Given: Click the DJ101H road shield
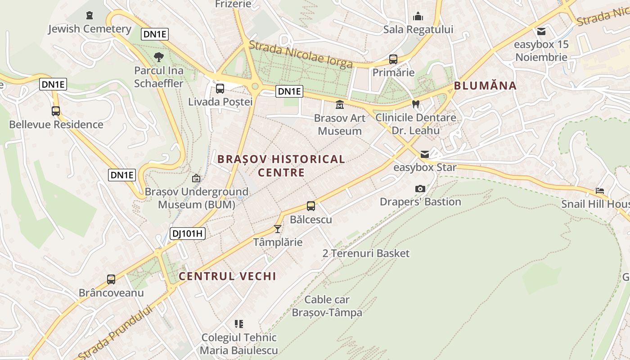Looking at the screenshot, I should point(188,233).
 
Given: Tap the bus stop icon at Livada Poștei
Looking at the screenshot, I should point(220,88).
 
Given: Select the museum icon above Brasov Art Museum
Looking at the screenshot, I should point(339,105).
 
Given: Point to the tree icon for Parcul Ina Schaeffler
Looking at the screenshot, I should point(159,57).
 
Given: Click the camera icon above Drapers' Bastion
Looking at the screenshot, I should point(420,189).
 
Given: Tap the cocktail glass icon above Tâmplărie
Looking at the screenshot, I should point(278,229).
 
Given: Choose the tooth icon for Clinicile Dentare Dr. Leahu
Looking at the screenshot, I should point(416,104).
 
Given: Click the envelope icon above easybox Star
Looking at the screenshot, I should point(424,154).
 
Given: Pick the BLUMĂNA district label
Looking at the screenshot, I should point(485,85).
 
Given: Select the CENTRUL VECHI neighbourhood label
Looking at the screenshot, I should point(227,276).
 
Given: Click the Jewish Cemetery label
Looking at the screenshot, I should point(90,29).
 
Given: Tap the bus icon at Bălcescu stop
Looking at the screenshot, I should point(311,206).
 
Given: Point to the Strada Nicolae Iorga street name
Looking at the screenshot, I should point(300,54).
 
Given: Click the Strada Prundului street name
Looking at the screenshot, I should point(116,332).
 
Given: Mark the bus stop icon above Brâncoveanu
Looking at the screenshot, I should point(111,279).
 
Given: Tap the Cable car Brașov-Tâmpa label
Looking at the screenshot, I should point(327,306).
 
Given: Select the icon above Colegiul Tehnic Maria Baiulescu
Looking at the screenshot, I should point(239,324).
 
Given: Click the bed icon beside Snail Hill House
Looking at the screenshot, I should point(600,191).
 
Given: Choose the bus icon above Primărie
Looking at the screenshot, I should point(393,59).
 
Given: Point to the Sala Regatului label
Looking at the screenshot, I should point(418,29).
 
